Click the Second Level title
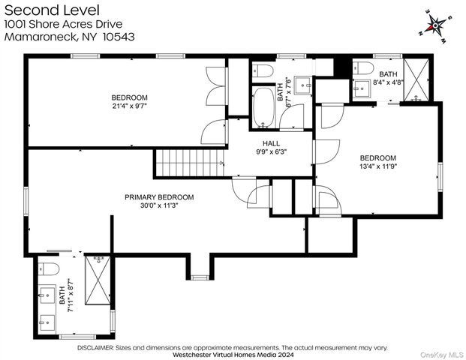tap(52, 10)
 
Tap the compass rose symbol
tap(435, 25)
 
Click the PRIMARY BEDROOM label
tap(159, 197)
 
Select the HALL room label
tap(272, 143)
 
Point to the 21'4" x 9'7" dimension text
tap(130, 106)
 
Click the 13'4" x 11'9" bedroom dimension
tap(378, 166)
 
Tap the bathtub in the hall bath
tap(263, 107)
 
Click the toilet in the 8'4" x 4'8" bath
tap(363, 67)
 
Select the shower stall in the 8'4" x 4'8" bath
tap(416, 79)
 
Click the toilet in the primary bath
tap(49, 268)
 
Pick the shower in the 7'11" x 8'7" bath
tap(98, 280)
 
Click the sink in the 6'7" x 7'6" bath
tap(303, 85)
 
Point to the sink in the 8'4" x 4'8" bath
tap(362, 88)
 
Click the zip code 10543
tap(119, 37)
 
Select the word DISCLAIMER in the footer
tap(95, 347)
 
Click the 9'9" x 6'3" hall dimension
tap(272, 151)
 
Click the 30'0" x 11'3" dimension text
tap(159, 205)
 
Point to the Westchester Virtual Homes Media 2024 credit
tap(233, 355)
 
